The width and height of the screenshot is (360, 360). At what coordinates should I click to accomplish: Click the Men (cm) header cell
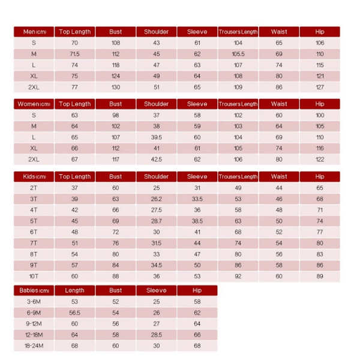(x=34, y=32)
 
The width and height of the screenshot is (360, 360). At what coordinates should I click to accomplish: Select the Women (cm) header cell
(x=34, y=104)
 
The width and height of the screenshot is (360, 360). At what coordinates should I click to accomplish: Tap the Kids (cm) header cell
(x=34, y=177)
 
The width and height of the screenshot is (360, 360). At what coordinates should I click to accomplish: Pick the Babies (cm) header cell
(x=34, y=291)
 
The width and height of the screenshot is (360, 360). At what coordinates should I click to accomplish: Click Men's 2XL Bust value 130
(x=116, y=87)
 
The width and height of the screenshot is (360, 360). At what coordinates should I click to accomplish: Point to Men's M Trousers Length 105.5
(x=238, y=54)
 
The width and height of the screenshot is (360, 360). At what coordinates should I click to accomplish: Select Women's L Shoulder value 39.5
(x=157, y=137)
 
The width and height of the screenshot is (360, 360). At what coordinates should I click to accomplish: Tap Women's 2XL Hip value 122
(x=320, y=160)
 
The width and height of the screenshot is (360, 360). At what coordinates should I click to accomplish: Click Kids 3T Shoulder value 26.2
(x=157, y=199)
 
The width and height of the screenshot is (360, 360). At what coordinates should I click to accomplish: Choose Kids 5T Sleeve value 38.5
(x=197, y=221)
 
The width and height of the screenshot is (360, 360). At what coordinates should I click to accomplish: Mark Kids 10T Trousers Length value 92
(x=238, y=277)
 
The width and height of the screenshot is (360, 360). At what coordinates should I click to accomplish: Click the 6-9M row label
(x=34, y=313)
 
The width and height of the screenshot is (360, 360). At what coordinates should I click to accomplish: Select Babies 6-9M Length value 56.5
(x=75, y=313)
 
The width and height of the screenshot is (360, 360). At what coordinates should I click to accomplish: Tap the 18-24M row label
(x=34, y=346)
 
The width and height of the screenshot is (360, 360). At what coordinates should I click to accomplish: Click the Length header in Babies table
(x=75, y=291)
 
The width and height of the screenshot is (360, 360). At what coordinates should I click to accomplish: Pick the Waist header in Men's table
(x=279, y=32)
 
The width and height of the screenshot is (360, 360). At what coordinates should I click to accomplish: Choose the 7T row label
(x=34, y=244)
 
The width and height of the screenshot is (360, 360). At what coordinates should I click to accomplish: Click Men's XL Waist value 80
(x=279, y=76)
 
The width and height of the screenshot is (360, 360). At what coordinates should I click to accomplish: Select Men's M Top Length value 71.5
(x=75, y=54)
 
